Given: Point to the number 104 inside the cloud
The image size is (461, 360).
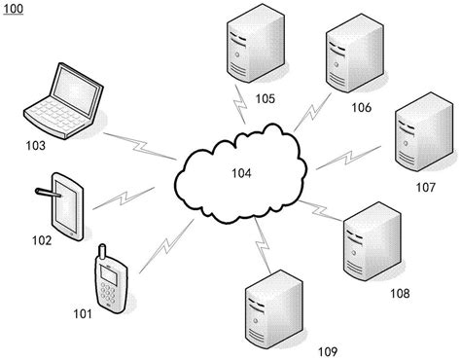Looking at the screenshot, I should coord(240,174).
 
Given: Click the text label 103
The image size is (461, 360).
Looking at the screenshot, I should coord(37,145).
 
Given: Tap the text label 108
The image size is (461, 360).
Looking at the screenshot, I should coord(400,293).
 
